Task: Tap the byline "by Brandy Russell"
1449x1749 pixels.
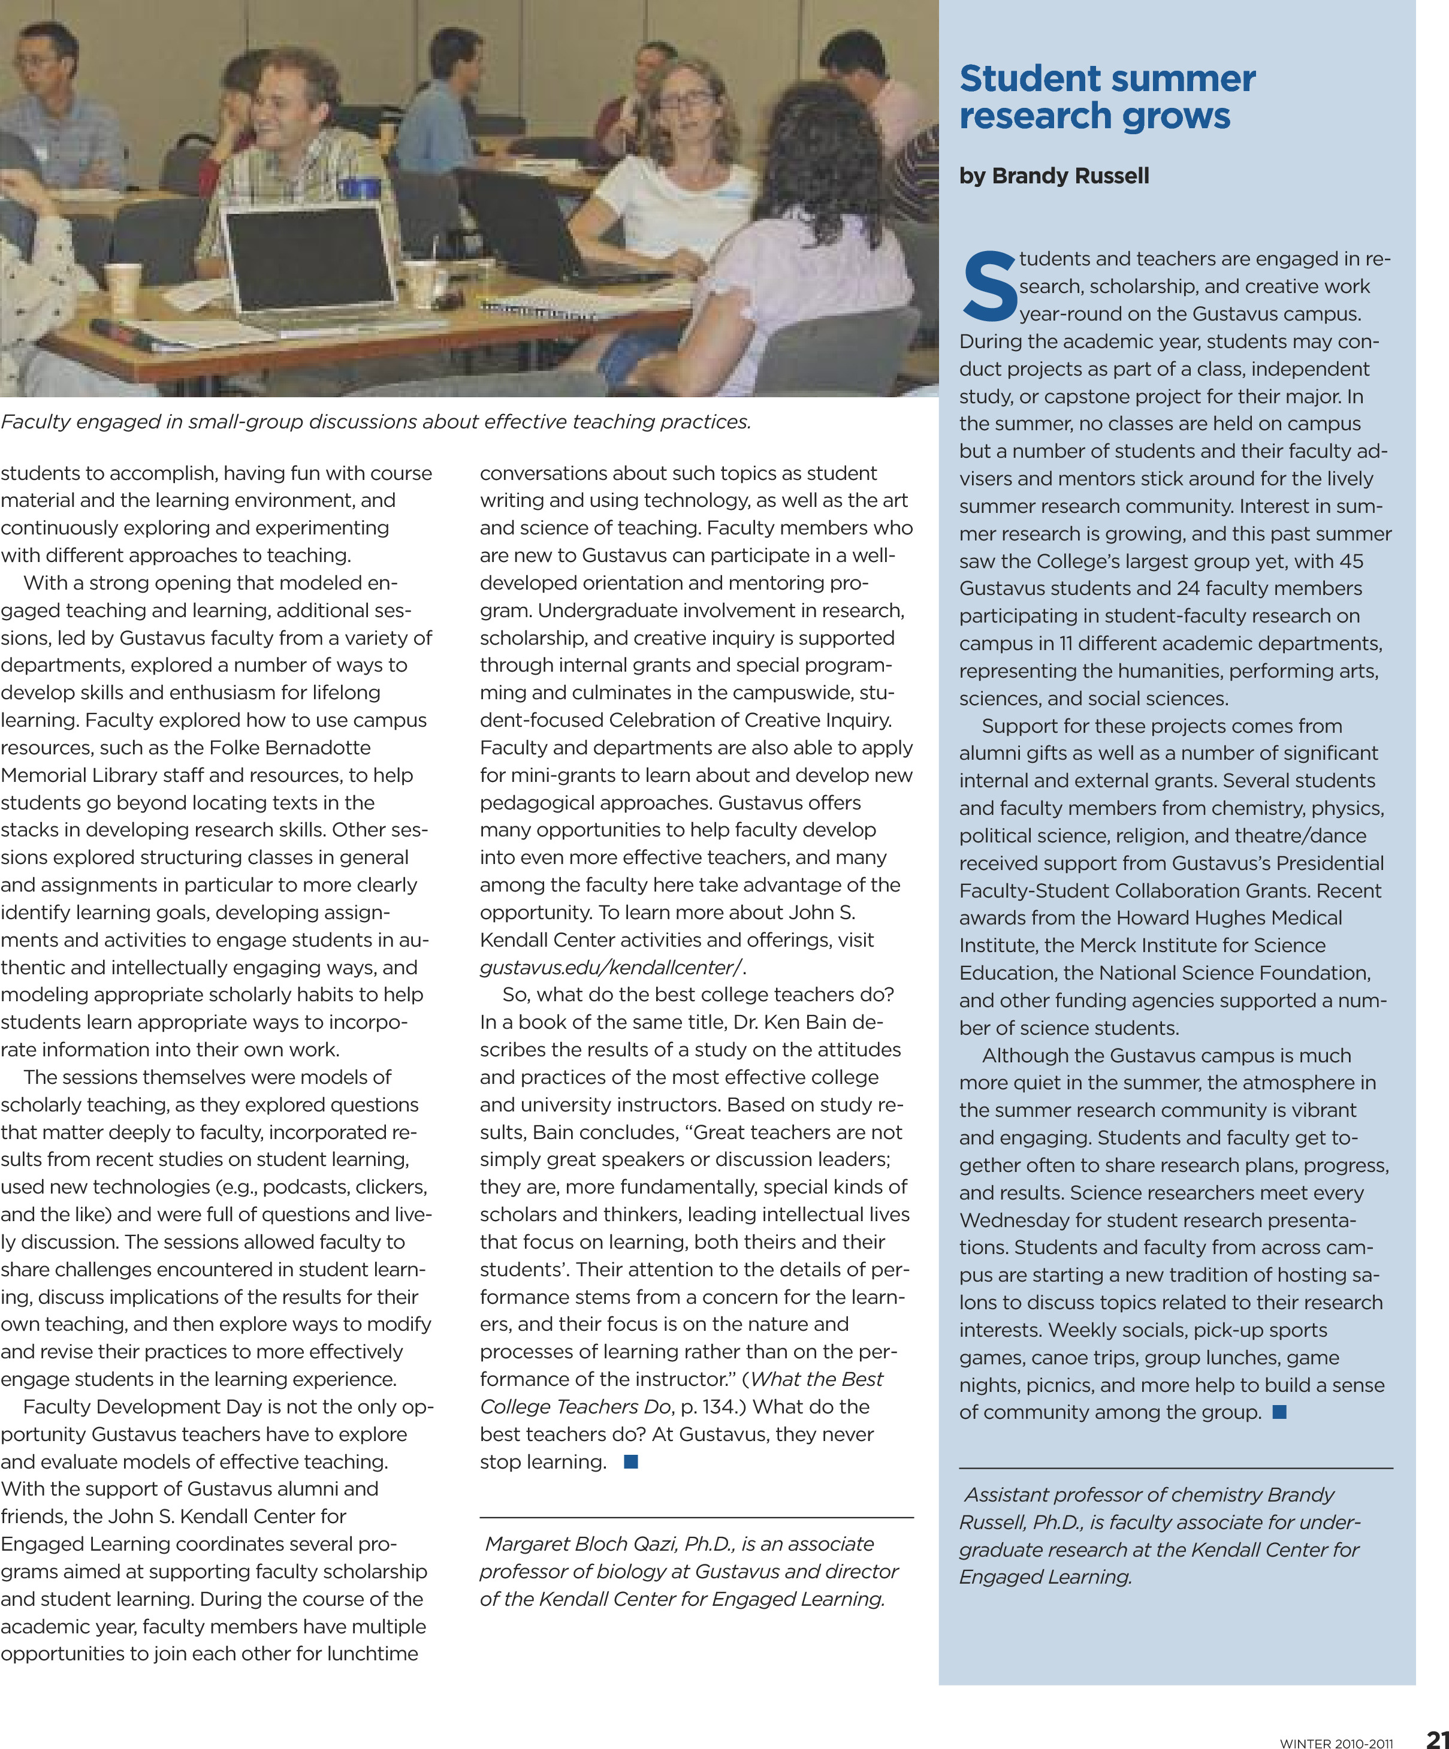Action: tap(1053, 176)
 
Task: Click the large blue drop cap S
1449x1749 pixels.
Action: tap(989, 288)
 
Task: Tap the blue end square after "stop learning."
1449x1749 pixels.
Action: tap(630, 1461)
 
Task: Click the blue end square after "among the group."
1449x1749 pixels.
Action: tap(1280, 1412)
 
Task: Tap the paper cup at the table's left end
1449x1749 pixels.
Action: tap(123, 288)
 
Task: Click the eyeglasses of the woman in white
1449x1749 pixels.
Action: tap(687, 98)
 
